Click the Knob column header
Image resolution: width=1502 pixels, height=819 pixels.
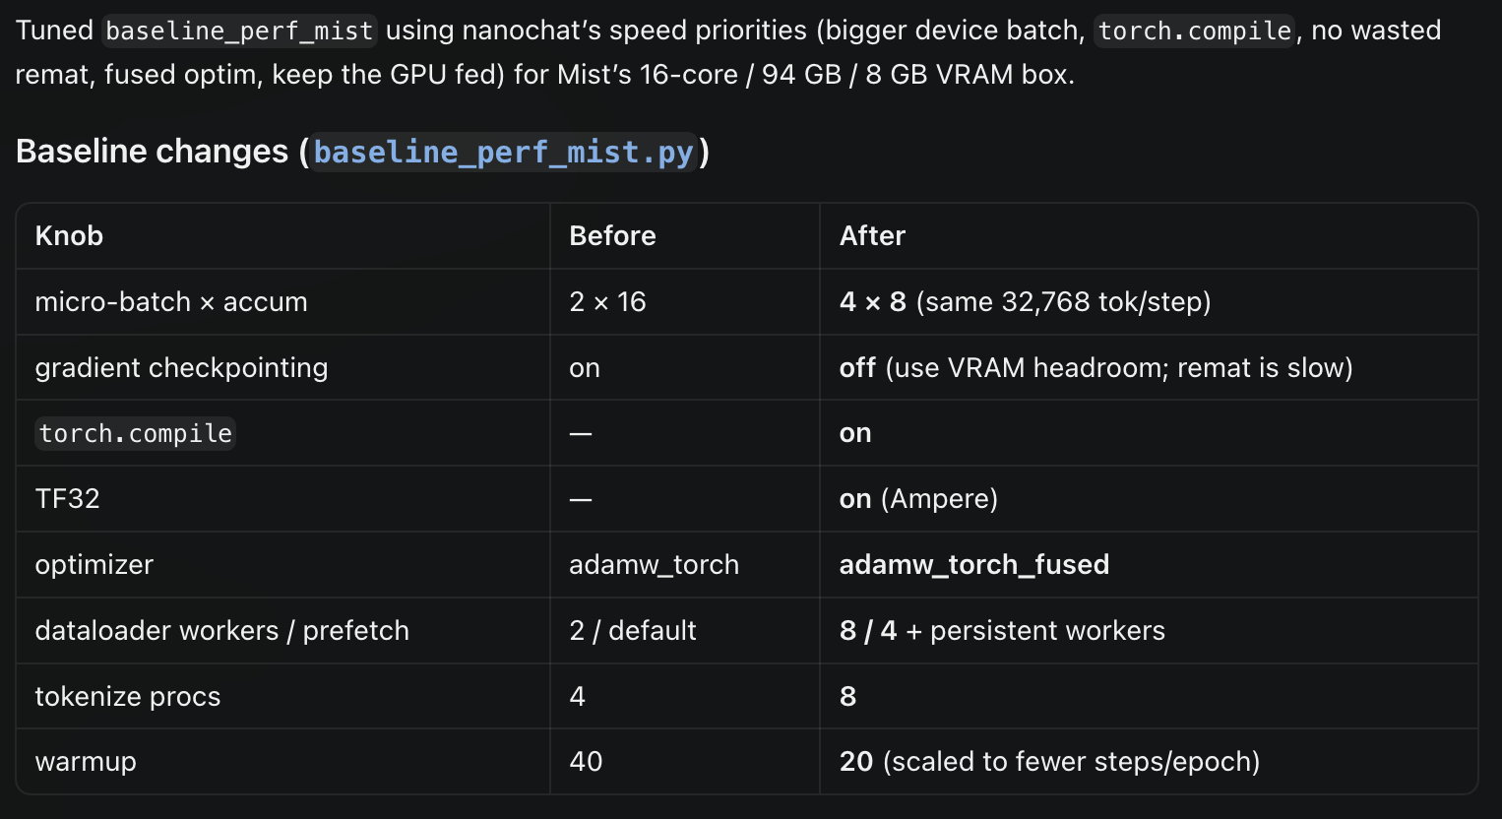click(x=69, y=236)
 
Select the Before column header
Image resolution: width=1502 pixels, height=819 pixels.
click(x=612, y=236)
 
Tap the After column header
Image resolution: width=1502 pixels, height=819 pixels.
click(x=872, y=236)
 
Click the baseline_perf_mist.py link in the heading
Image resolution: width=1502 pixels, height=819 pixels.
click(x=504, y=153)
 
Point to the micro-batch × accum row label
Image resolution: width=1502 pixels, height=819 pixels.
click(x=171, y=302)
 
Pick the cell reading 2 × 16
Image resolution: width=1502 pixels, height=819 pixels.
click(x=607, y=302)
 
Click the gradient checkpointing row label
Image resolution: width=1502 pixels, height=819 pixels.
click(x=181, y=367)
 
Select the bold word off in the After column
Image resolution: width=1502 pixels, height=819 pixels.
click(x=857, y=367)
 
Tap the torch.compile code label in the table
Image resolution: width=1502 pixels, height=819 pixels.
click(x=136, y=433)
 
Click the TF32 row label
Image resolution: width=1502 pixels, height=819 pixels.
click(x=67, y=499)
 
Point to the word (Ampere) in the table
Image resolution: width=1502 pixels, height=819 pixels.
click(x=939, y=499)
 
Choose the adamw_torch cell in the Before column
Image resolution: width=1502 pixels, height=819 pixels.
click(x=654, y=565)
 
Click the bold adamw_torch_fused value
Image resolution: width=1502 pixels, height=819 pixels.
click(x=974, y=565)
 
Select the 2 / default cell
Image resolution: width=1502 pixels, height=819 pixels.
click(x=632, y=631)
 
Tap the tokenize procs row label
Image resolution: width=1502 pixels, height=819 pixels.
click(x=127, y=696)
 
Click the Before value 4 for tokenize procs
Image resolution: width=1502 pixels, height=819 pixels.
click(x=578, y=696)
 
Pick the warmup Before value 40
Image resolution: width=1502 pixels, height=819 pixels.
click(x=586, y=761)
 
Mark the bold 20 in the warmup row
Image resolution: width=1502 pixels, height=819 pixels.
click(x=856, y=761)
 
